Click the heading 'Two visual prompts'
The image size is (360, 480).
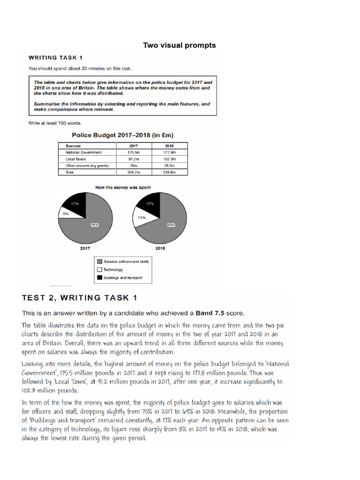pos(180,45)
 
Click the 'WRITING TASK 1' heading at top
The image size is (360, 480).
pos(55,58)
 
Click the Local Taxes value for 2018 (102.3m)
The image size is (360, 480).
pos(169,159)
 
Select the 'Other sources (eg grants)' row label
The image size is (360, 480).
pos(87,166)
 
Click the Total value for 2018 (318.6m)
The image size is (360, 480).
pos(169,172)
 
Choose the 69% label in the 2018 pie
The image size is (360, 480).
pos(170,225)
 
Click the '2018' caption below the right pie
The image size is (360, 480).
pos(160,248)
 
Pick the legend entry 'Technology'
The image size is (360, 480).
pos(114,270)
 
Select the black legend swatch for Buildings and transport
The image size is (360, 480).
pos(99,278)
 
